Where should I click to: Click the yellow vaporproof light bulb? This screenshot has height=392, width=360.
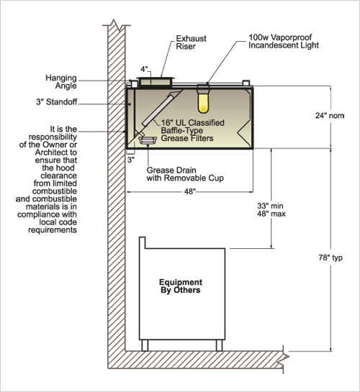pos(203,103)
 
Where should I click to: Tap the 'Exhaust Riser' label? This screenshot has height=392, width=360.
pos(191,42)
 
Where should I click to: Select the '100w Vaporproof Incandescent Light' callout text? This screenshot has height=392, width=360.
pos(284,42)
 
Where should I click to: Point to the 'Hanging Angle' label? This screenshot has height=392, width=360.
pos(61,82)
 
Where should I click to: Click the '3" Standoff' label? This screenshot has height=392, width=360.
pos(57,102)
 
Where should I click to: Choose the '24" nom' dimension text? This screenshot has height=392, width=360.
pos(330,116)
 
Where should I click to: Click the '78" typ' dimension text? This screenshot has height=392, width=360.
pos(330,257)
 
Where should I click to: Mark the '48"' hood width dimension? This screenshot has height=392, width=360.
pos(189,191)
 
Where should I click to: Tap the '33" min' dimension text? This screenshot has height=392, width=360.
pos(270,206)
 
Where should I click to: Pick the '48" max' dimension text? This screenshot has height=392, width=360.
pos(271,214)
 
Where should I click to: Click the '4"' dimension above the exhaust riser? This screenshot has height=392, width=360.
pos(144,69)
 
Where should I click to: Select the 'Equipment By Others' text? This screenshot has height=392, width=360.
pos(181,286)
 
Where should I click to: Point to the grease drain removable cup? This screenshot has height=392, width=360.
pos(148,140)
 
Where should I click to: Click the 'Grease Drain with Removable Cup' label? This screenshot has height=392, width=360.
pos(185,174)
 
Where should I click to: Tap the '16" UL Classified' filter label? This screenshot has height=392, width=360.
pos(192,123)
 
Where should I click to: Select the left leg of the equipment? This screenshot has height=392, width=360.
pos(145,345)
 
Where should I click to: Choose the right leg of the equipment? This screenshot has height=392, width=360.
pos(219,345)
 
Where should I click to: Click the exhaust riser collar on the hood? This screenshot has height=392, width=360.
pos(155,81)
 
